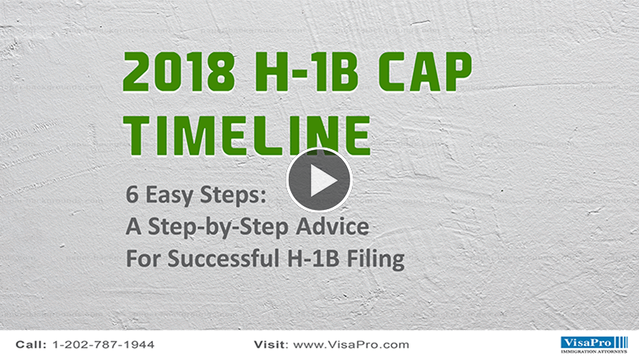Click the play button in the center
coord(319,180)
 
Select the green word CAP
coord(425,73)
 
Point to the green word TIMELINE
coord(247,135)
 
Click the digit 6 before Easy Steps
coord(133,194)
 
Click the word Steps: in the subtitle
coord(233,196)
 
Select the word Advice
coord(333,227)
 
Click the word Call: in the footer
coord(32,345)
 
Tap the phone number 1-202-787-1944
coord(103,345)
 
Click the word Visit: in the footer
coord(271,345)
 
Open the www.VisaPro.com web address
coord(351,345)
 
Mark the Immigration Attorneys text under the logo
coord(594,351)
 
